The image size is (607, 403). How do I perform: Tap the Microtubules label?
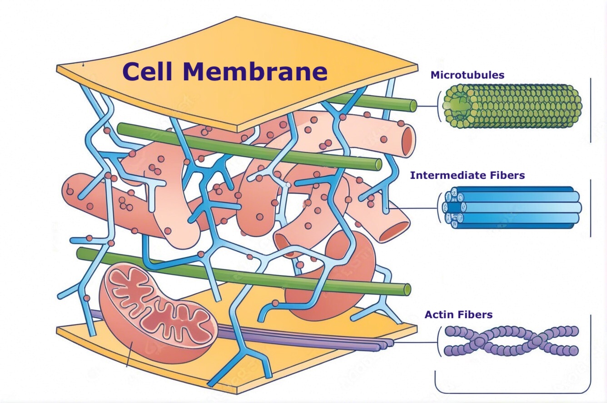tap(468, 75)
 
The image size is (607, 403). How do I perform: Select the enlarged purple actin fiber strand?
tap(511, 340)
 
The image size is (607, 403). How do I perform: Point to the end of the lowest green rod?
tap(407, 289)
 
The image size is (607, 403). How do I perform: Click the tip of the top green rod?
tap(413, 106)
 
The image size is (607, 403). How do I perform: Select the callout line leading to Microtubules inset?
tap(427, 106)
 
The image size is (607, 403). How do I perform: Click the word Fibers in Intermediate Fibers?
tap(508, 175)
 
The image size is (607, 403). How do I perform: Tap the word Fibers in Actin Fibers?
tap(476, 315)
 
